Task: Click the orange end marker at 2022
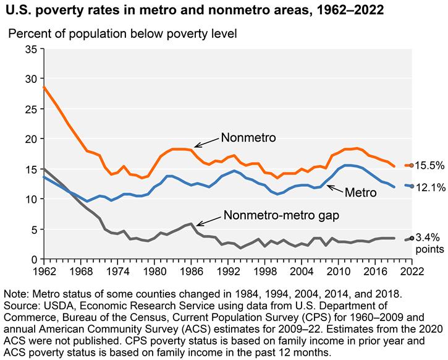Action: click(412, 165)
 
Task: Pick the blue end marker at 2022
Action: click(412, 186)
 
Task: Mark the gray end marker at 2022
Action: click(412, 238)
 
